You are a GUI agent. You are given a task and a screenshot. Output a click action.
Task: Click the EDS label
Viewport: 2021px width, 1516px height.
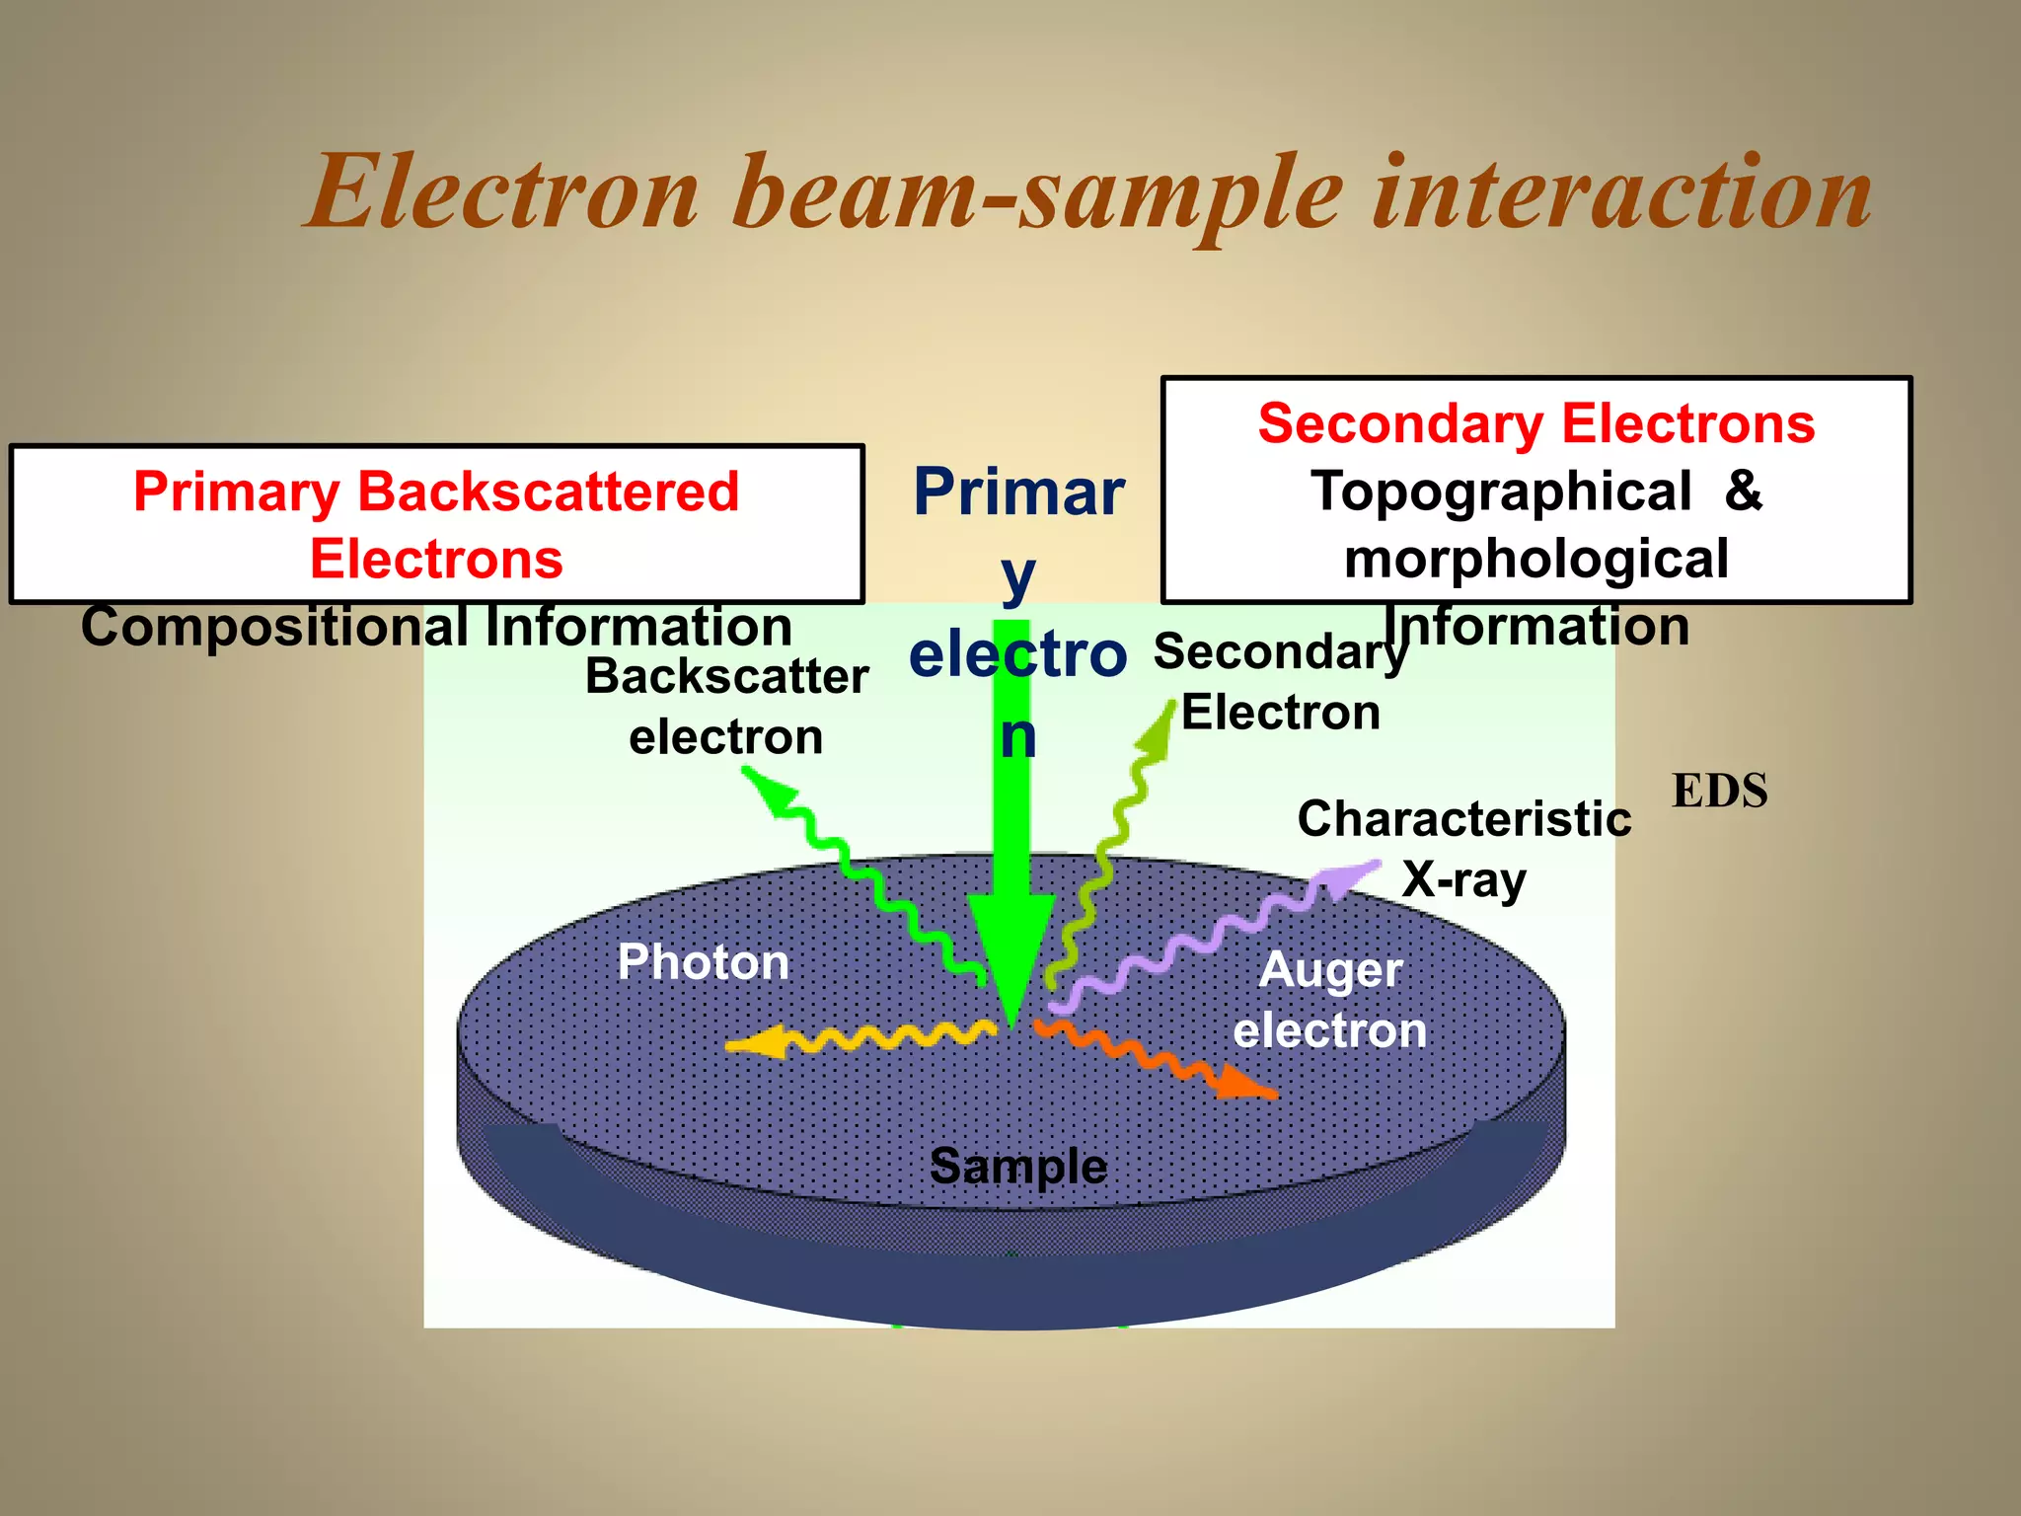1719,791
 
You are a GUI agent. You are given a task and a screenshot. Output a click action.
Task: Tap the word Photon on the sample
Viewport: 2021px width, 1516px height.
703,961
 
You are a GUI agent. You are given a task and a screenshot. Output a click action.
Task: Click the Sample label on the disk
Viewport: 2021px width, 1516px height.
1018,1166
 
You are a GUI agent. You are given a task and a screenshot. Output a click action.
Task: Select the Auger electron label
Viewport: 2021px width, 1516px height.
1330,1000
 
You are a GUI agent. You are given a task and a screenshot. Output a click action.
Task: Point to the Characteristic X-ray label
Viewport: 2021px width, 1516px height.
1464,848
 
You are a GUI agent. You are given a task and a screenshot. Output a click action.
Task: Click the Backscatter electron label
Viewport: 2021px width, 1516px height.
726,706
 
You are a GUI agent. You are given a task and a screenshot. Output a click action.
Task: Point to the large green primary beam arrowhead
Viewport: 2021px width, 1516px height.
1011,947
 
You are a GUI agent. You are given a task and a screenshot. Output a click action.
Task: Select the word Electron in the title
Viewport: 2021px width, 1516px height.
503,192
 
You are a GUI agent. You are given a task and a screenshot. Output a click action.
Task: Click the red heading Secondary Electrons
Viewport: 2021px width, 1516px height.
1535,423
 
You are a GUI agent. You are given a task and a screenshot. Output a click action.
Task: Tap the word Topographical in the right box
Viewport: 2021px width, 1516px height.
1500,491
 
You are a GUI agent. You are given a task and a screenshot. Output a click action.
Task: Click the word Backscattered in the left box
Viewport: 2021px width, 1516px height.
548,492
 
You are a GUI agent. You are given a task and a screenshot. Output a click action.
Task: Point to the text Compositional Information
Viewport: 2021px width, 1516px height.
436,626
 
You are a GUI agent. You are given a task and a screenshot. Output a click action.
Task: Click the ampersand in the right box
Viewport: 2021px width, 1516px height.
1743,491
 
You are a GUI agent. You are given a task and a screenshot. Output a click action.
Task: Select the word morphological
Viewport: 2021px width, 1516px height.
1535,559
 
